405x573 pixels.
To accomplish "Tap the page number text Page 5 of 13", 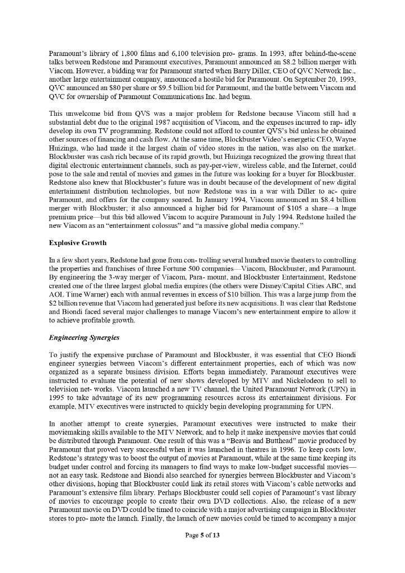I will point(202,536).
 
